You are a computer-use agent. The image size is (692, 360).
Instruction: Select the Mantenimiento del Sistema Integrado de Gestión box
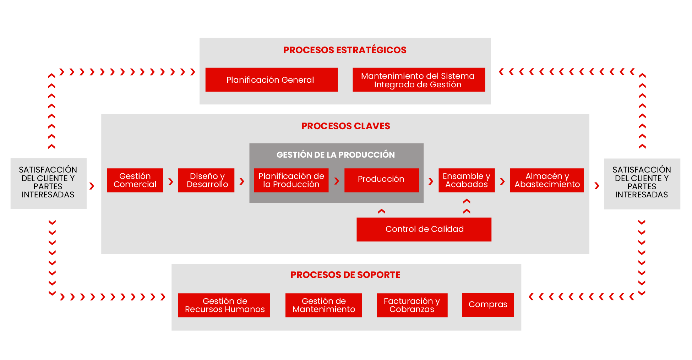[418, 80]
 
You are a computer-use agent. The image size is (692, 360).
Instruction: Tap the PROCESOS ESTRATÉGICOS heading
[344, 50]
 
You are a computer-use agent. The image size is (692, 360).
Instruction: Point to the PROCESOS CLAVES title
[345, 126]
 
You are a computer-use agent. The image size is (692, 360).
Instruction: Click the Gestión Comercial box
[135, 180]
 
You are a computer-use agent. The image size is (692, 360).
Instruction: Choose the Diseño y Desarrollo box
[206, 180]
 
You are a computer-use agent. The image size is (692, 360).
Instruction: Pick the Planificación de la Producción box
[291, 180]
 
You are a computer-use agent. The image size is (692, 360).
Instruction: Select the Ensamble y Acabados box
[466, 180]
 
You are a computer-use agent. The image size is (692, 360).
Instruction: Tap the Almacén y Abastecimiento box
[546, 180]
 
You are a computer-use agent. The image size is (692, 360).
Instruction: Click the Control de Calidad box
[424, 229]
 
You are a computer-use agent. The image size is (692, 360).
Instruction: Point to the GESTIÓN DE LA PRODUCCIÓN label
[336, 155]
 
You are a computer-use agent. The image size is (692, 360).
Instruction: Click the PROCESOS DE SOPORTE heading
[345, 275]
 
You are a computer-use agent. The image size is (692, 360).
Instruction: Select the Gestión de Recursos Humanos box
[224, 305]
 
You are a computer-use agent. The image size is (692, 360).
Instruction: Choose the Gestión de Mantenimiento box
[323, 305]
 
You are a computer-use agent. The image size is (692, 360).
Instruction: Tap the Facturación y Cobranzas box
[412, 305]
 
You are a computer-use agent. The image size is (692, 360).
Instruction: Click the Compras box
[488, 305]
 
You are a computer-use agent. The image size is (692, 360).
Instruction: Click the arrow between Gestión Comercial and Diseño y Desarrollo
[171, 182]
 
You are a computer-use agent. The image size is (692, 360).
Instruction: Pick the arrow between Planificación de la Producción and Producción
[337, 181]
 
